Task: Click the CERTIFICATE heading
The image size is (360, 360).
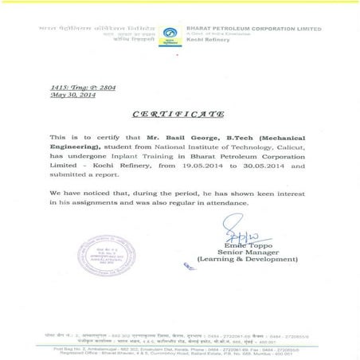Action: [178, 114]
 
